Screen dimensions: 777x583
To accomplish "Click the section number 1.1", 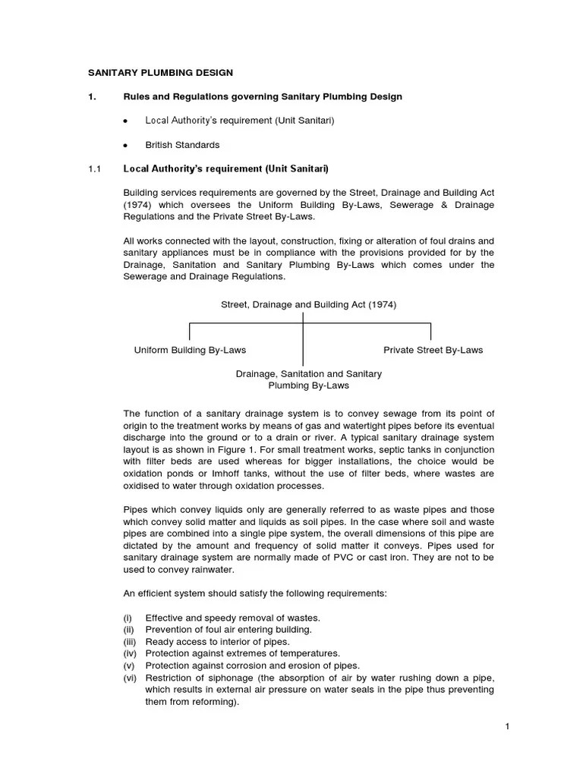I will pyautogui.click(x=94, y=168).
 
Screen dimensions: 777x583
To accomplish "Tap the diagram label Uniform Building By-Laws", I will pyautogui.click(x=190, y=350).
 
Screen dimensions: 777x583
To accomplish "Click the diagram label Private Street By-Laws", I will pyautogui.click(x=433, y=350).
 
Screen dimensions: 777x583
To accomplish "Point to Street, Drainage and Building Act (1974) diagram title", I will pyautogui.click(x=308, y=304).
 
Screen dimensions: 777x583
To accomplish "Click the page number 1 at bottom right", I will pyautogui.click(x=507, y=728).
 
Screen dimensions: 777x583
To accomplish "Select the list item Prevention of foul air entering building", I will pyautogui.click(x=228, y=630).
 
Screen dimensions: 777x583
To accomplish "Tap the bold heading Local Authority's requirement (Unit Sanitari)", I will pyautogui.click(x=225, y=168).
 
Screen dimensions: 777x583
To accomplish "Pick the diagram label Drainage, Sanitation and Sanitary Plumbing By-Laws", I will pyautogui.click(x=308, y=379).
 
